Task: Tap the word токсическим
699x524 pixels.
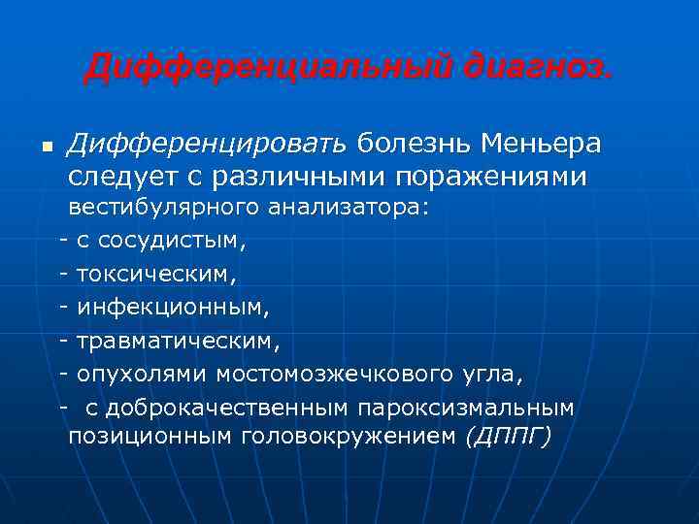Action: point(155,275)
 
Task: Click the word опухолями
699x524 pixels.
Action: point(142,375)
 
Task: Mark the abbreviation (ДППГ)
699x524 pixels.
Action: point(508,438)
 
